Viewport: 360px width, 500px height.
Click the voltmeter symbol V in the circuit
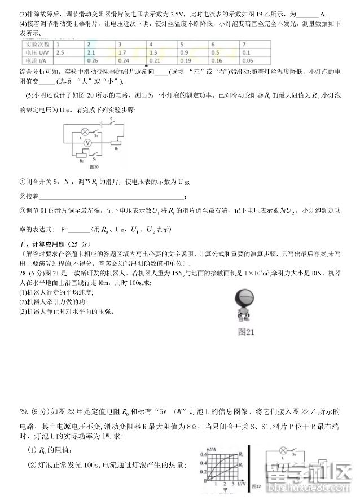point(88,144)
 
